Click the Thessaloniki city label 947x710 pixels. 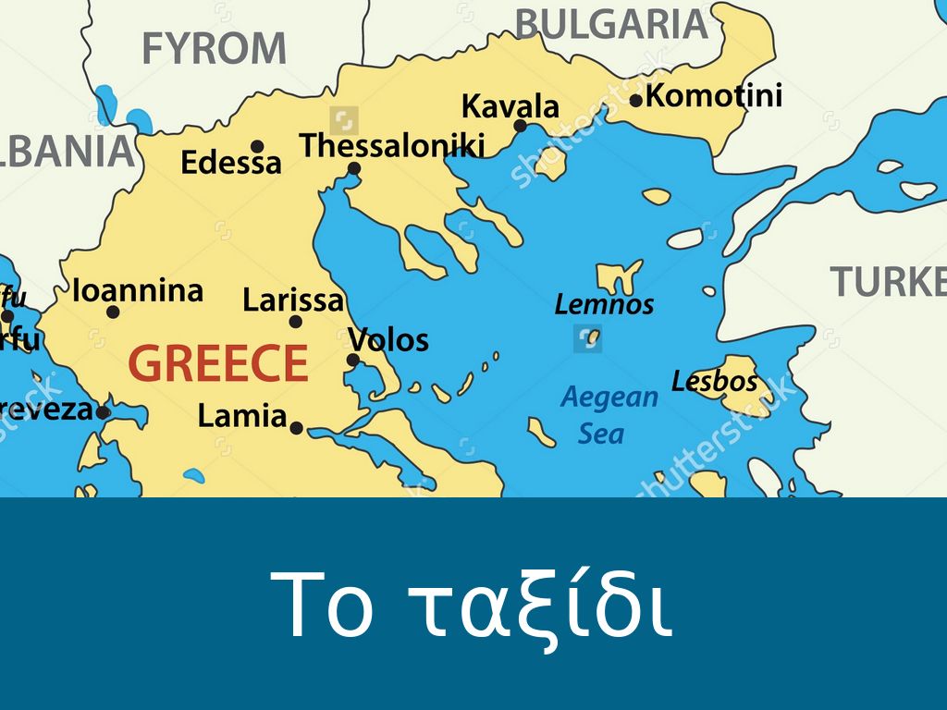point(392,146)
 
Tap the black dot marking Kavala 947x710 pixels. point(520,126)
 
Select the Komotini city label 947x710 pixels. point(714,95)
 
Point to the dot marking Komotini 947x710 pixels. point(636,100)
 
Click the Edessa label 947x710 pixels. point(231,164)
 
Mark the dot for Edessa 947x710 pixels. point(257,146)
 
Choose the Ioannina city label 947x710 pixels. point(138,291)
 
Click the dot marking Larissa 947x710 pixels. point(296,322)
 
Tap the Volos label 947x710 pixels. point(388,340)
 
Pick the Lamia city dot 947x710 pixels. point(296,428)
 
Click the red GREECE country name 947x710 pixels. point(218,363)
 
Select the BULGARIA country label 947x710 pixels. point(611,23)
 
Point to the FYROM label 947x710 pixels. point(215,48)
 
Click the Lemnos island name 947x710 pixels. point(604,304)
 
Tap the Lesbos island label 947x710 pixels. point(714,381)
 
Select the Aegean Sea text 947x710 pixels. point(609,415)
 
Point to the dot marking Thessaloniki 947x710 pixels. point(353,168)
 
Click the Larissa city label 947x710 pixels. point(293,300)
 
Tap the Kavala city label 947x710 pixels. point(510,106)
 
